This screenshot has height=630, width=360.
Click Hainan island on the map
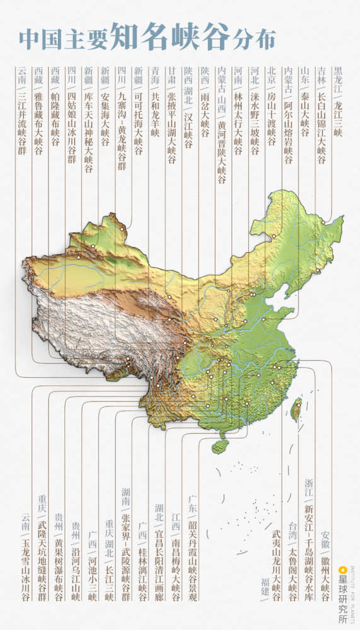click(219, 446)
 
